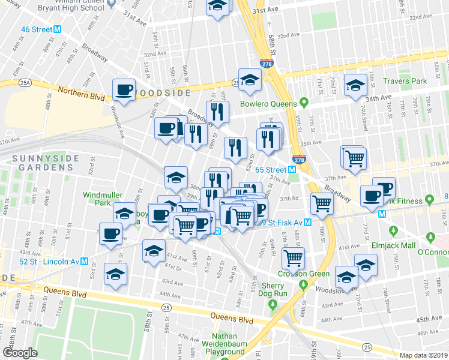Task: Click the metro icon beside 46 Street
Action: coord(58,29)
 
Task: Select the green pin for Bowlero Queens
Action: coord(304,101)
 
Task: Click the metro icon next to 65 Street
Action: coord(292,170)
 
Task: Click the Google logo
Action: coord(20,353)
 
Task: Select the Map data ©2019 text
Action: coord(424,355)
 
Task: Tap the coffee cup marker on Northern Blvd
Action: coord(124,90)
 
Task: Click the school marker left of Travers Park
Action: coord(355,85)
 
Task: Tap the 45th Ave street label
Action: coord(429,319)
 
